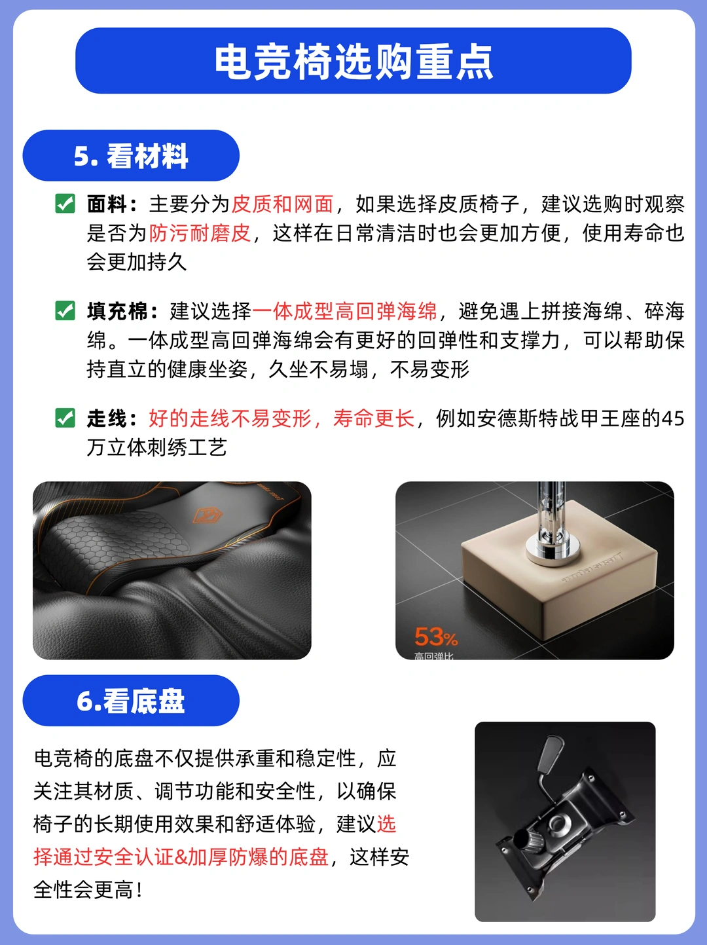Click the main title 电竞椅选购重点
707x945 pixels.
[x=353, y=61]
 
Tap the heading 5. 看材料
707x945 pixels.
[x=131, y=156]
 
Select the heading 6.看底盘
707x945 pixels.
[x=131, y=701]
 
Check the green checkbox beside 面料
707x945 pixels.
[x=65, y=204]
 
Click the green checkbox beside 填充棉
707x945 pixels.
[x=65, y=310]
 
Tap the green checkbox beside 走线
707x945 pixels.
[x=65, y=418]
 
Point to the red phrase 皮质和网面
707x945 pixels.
[x=283, y=204]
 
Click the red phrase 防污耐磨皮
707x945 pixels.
[x=200, y=233]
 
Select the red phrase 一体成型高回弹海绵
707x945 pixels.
[x=345, y=311]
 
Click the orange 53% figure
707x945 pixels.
[x=435, y=637]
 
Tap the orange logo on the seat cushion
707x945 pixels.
[x=208, y=515]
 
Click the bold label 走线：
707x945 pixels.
[x=113, y=418]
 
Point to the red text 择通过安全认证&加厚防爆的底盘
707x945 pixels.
[x=181, y=857]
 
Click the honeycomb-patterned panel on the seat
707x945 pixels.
[x=116, y=538]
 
